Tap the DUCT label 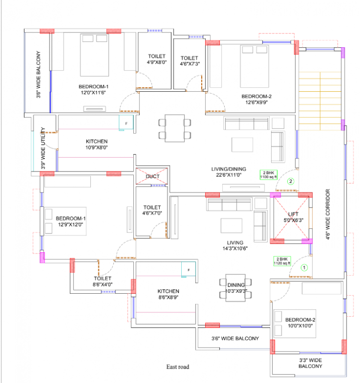click(x=152, y=177)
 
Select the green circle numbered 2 click(x=291, y=182)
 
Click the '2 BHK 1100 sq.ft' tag click(x=268, y=174)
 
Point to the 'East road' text click(x=178, y=367)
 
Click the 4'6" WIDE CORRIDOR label click(x=328, y=214)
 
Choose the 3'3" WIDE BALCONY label click(x=311, y=363)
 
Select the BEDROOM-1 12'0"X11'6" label click(x=83, y=89)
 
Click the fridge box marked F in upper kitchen click(x=126, y=123)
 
